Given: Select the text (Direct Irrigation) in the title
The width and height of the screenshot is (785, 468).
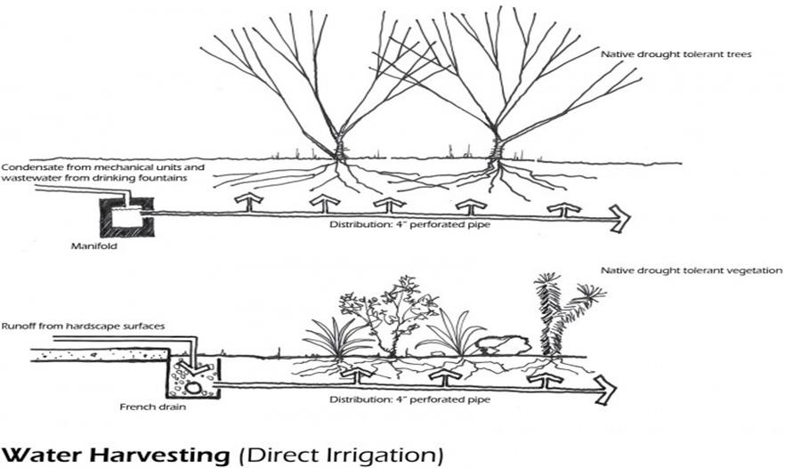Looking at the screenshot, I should pos(342,455).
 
